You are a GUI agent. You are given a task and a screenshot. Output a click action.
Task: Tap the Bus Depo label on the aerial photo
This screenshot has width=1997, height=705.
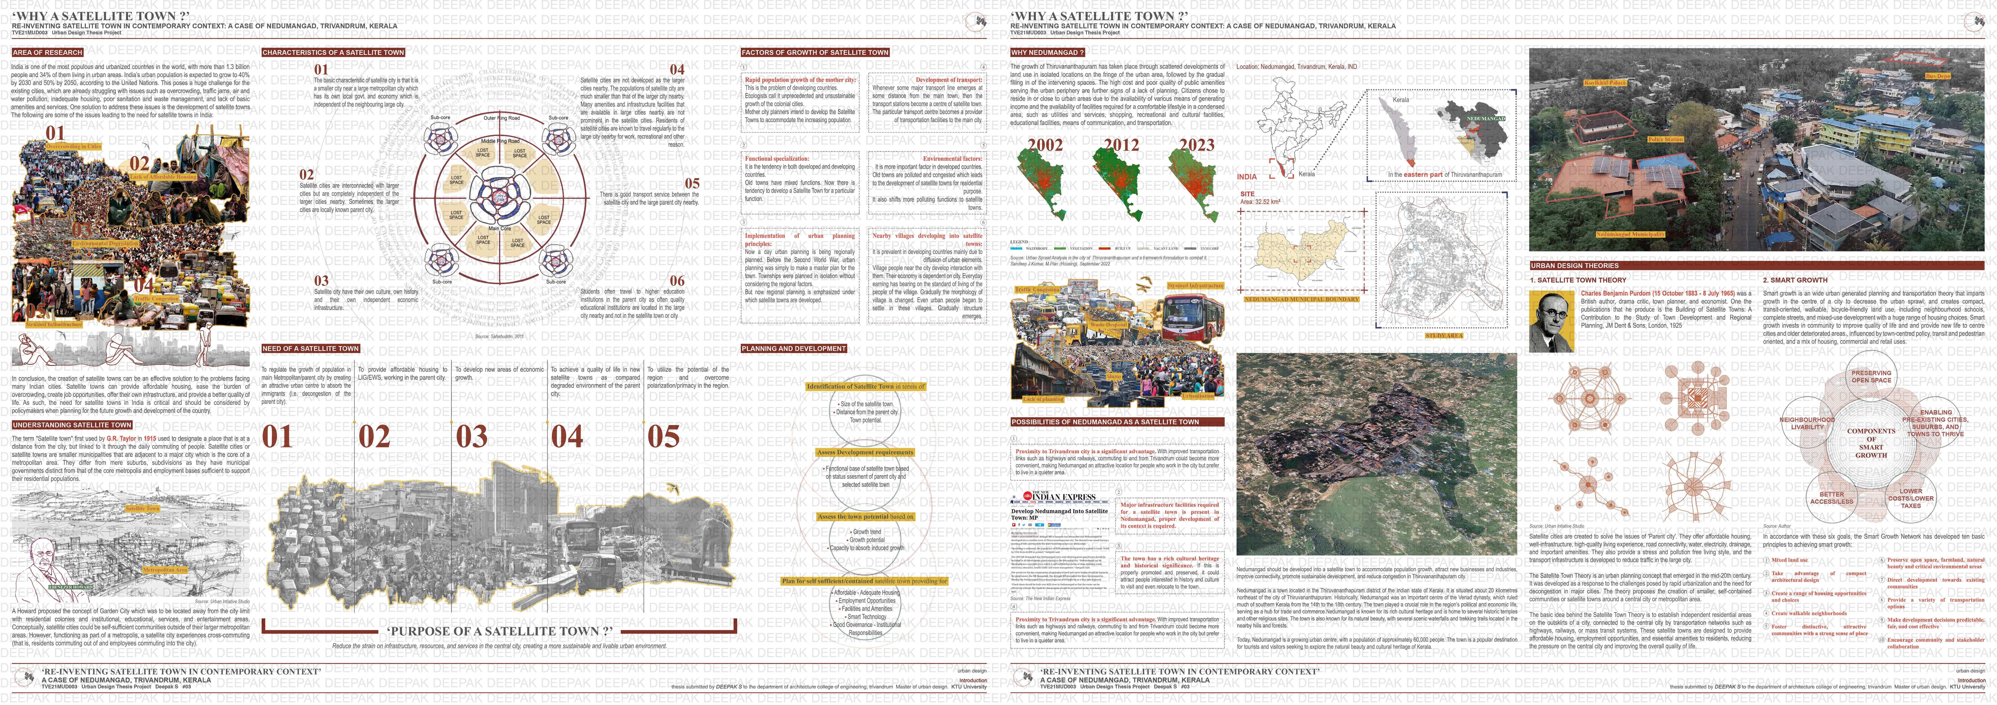1953,76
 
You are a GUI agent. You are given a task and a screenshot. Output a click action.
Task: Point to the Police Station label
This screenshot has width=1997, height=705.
1665,139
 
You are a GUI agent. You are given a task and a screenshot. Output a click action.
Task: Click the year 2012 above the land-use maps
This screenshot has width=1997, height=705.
1121,145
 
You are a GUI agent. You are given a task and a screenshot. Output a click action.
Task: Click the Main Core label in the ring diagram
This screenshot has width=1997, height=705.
499,229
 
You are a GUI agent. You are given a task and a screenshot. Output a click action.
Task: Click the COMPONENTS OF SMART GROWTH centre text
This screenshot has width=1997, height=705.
1871,443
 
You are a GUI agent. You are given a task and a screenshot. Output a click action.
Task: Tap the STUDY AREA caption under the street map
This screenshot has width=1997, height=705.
1443,335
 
